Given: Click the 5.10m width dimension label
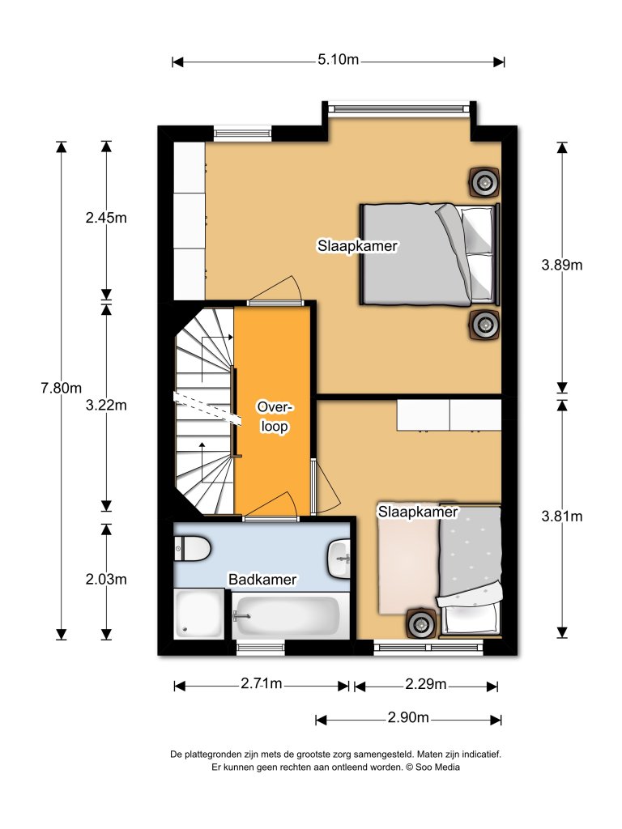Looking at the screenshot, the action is pyautogui.click(x=338, y=60).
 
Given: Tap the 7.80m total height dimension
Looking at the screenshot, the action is pyautogui.click(x=62, y=389).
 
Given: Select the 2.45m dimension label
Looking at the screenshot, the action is pyautogui.click(x=106, y=218).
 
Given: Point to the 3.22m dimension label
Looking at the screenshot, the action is pyautogui.click(x=106, y=406).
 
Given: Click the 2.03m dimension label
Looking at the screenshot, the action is pyautogui.click(x=106, y=580).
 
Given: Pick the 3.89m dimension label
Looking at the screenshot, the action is pyautogui.click(x=562, y=265).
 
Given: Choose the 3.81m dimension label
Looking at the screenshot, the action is pyautogui.click(x=562, y=517).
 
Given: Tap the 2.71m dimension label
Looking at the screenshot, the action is pyautogui.click(x=262, y=684).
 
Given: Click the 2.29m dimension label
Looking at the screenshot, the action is pyautogui.click(x=426, y=685).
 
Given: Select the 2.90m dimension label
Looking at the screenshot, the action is pyautogui.click(x=408, y=717).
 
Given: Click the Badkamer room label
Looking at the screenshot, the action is pyautogui.click(x=262, y=580).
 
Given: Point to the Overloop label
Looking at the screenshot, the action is pyautogui.click(x=275, y=417).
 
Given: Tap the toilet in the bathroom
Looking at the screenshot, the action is pyautogui.click(x=193, y=548).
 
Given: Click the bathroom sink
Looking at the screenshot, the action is pyautogui.click(x=339, y=559).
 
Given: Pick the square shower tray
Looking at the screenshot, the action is pyautogui.click(x=199, y=614).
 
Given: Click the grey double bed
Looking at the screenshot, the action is pyautogui.click(x=429, y=254).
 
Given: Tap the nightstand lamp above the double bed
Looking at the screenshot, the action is pyautogui.click(x=484, y=182).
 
